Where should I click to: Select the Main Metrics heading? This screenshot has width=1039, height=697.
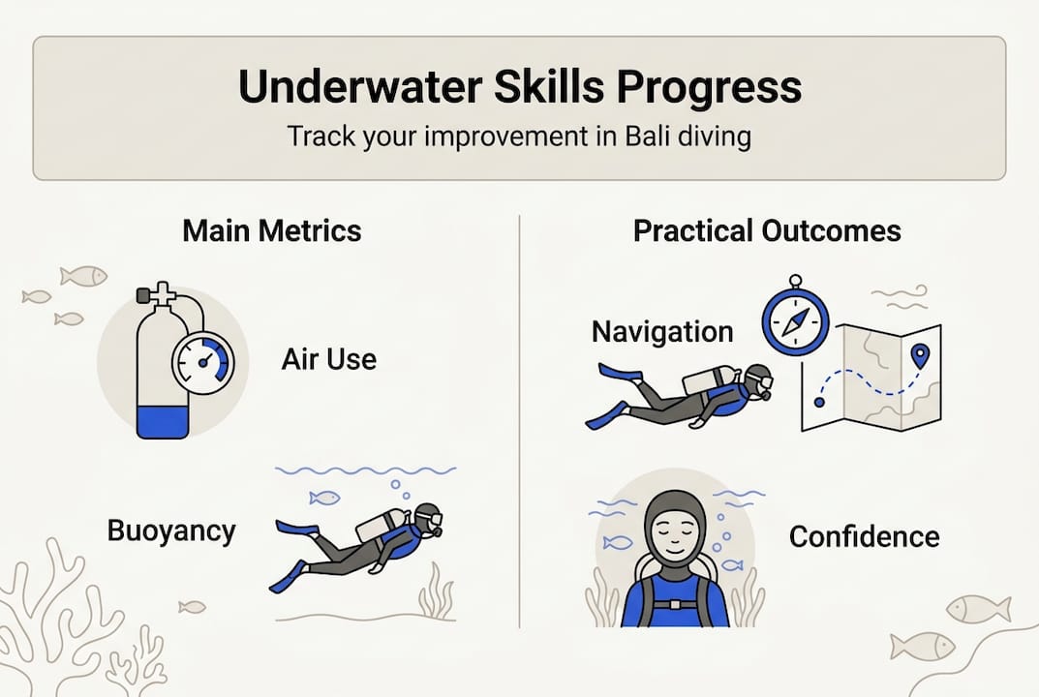point(272,231)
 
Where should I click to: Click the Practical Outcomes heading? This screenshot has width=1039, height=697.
point(767,231)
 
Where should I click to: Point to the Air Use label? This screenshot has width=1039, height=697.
point(328,360)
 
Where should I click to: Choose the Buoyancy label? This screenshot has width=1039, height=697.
point(171,530)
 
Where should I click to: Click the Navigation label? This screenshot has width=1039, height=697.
point(662,332)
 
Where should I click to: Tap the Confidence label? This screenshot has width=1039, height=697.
point(864,536)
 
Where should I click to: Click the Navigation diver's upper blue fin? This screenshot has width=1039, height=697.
point(620,372)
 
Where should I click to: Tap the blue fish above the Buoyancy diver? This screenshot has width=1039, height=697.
point(324,498)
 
